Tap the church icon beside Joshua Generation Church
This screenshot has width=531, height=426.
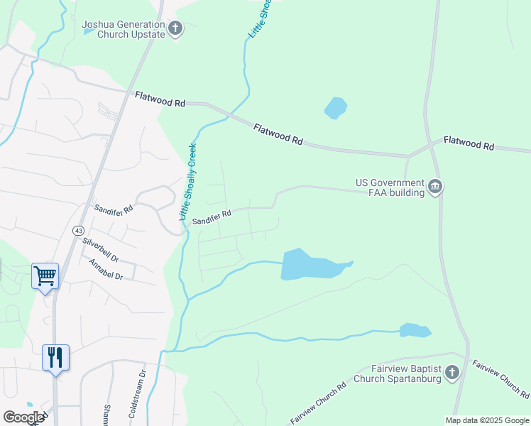click(175, 29)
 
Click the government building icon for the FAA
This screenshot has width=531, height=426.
click(435, 187)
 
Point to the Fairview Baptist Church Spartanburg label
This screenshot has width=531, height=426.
click(406, 373)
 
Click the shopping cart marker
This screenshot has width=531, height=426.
click(45, 275)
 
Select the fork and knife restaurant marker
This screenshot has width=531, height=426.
click(55, 356)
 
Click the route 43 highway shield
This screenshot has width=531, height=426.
click(77, 231)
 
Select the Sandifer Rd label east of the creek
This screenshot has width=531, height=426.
click(212, 214)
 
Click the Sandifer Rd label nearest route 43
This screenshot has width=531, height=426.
click(114, 211)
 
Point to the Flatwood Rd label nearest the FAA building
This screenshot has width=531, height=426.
click(469, 143)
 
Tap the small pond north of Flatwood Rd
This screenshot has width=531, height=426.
click(335, 108)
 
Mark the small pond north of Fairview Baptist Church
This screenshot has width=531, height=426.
click(415, 330)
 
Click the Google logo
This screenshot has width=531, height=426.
click(23, 417)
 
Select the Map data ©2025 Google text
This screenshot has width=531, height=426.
click(486, 420)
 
